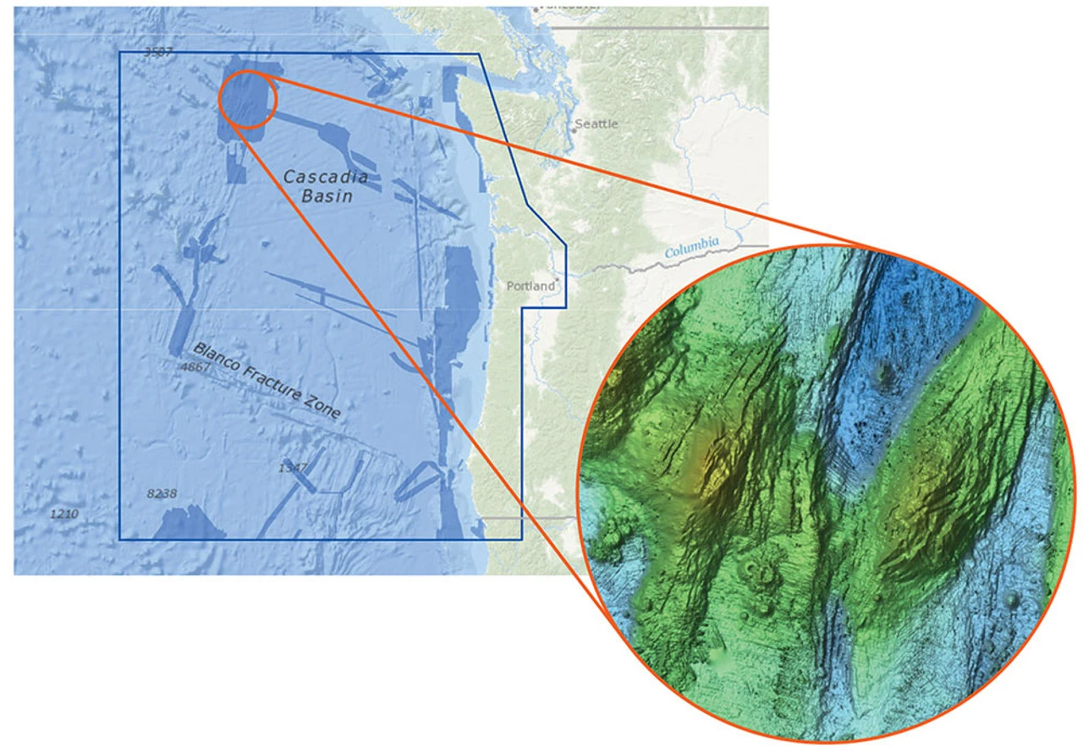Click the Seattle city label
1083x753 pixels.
597,124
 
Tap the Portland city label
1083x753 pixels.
531,286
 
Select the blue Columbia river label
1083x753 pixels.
691,248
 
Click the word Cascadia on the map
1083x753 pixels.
326,177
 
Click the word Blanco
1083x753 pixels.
216,360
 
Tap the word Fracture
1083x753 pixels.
269,386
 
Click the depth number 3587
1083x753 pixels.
157,52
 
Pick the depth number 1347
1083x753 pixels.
292,468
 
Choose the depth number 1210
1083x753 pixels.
64,514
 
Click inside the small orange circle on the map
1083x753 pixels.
248,99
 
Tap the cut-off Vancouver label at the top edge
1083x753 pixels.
568,5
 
